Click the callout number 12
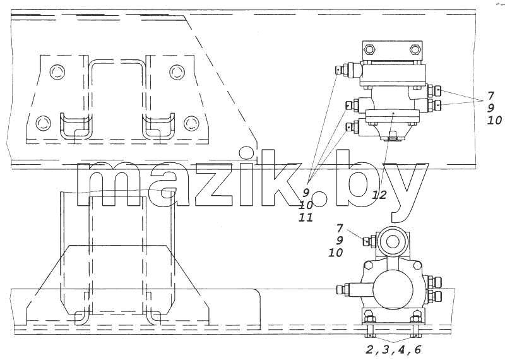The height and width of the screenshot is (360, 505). click(379, 195)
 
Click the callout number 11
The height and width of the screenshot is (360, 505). click(306, 217)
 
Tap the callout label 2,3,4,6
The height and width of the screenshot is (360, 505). click(393, 349)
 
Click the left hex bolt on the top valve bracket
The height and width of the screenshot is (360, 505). click(369, 50)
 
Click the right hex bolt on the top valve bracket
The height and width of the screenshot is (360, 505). click(415, 50)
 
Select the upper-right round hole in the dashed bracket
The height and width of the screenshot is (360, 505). click(177, 72)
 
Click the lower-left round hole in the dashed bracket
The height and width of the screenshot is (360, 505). click(44, 123)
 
